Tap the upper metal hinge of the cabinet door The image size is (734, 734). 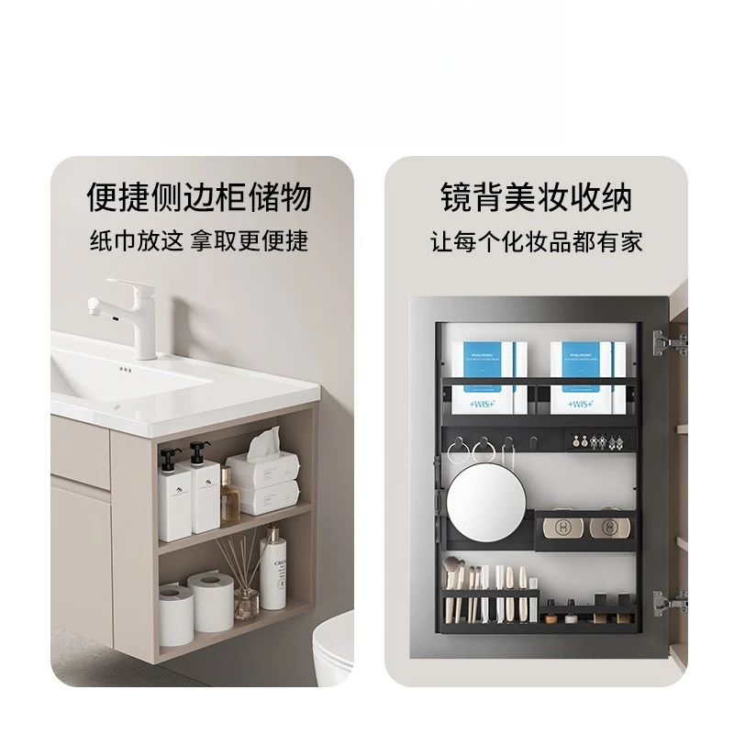668,344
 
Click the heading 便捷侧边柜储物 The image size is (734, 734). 199,197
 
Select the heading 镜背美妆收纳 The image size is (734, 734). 537,197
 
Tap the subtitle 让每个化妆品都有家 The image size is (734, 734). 537,242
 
